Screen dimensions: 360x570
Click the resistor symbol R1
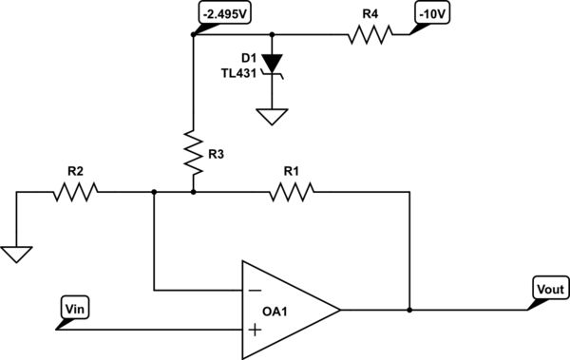tap(290, 192)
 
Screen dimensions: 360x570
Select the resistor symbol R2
tap(75, 192)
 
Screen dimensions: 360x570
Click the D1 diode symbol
tap(274, 64)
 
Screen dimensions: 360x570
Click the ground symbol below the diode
tap(274, 117)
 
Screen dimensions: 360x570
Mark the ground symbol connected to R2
tap(17, 254)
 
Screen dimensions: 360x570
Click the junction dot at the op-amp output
tap(410, 310)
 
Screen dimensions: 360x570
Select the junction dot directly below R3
tap(193, 192)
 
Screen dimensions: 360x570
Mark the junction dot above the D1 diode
tap(274, 35)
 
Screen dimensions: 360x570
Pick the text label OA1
tap(277, 311)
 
